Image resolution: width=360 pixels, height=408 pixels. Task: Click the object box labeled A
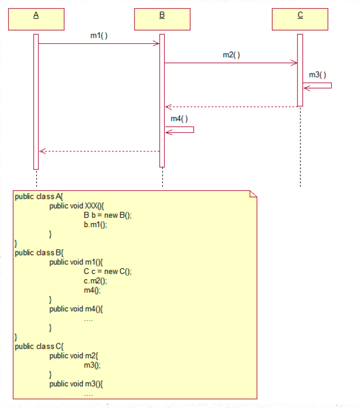point(36,18)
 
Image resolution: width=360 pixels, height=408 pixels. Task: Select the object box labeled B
point(162,18)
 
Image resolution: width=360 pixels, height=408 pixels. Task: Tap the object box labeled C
point(300,18)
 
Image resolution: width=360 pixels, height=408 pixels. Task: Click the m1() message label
point(99,36)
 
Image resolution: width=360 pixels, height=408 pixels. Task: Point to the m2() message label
point(231,55)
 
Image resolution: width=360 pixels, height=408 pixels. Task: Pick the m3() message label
point(317,75)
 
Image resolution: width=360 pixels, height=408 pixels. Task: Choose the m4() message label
point(179,118)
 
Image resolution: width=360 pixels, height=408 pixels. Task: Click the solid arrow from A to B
point(98,43)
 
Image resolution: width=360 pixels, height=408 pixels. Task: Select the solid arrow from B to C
point(231,63)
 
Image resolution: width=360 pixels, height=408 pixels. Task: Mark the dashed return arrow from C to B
point(231,106)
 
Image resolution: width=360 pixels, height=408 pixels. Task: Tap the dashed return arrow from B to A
point(99,151)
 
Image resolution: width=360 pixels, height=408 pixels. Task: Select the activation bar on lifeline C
point(300,69)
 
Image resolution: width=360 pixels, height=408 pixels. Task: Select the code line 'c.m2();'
point(95,281)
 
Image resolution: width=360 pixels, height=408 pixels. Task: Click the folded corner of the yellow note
point(253,193)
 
